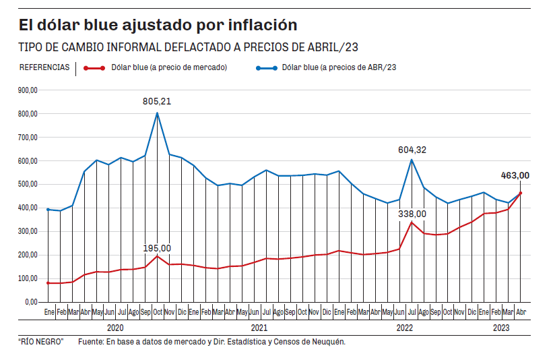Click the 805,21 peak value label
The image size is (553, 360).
pos(157,101)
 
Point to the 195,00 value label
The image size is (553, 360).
pos(157,248)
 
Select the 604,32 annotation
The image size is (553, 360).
pos(412,150)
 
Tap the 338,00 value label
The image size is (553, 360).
pos(412,214)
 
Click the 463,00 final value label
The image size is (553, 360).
pos(515,175)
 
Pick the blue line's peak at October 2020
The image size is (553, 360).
pos(158,113)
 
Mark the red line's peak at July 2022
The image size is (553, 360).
pos(412,222)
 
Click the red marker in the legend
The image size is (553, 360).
pos(94,67)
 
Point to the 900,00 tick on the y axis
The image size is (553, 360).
pos(28,90)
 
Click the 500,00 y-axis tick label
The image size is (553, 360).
pos(28,184)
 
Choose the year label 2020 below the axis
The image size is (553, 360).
pos(115,328)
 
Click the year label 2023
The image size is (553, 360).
pos(502,328)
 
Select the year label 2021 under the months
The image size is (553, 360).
pos(259,328)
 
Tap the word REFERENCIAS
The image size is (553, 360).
pos(44,67)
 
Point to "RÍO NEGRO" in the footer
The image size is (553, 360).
pos(41,342)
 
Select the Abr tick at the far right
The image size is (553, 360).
pos(521,313)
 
